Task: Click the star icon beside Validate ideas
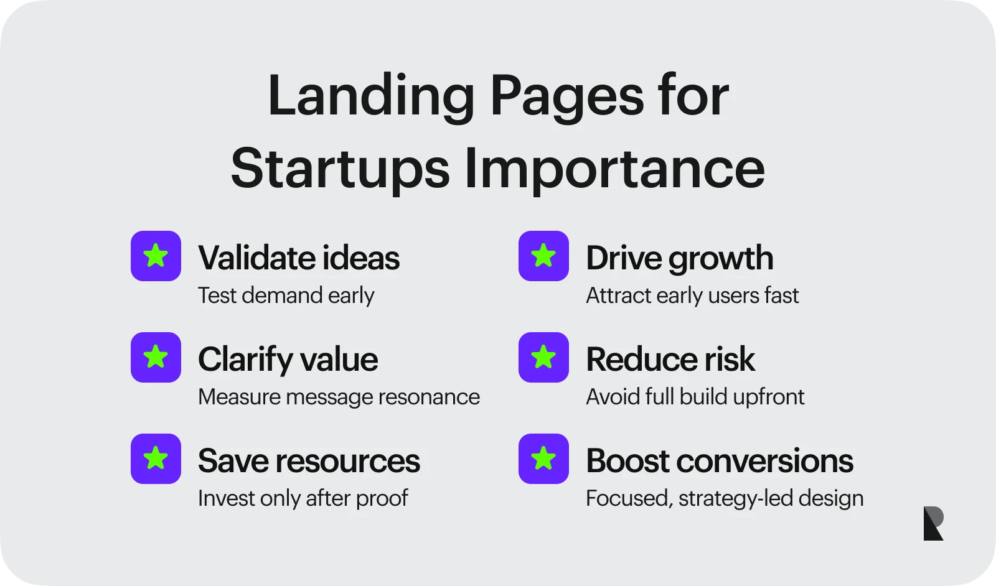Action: pos(156,256)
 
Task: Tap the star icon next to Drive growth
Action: pos(543,256)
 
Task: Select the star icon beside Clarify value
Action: pos(156,357)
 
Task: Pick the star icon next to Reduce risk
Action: pos(543,357)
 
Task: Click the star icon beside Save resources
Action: pos(156,458)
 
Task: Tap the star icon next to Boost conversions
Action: pos(543,458)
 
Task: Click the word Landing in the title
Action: pos(371,96)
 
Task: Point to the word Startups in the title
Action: pos(340,168)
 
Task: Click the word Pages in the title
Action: pos(566,96)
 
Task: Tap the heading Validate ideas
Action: pos(299,258)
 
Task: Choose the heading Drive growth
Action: pos(679,258)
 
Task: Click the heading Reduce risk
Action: pos(670,359)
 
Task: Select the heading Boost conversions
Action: pos(719,460)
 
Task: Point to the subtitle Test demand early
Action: pos(286,295)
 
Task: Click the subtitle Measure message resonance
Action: pos(339,397)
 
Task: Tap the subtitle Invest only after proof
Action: pos(303,498)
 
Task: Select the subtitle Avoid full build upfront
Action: pos(695,397)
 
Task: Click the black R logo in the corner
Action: pos(933,523)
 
